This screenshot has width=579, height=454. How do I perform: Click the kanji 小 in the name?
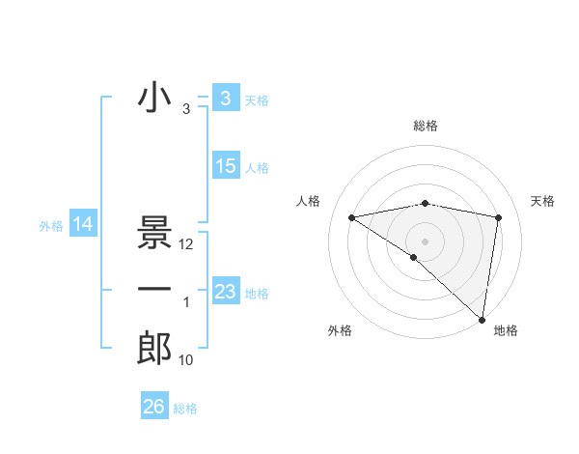point(154,99)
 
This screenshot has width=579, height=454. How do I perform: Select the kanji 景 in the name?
point(154,235)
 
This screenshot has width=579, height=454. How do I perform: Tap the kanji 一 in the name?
point(154,289)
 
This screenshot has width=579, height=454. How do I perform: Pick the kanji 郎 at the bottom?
point(154,349)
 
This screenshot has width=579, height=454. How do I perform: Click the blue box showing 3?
point(225,99)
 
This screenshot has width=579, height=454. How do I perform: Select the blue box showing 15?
point(225,166)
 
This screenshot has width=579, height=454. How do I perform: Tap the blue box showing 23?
point(225,291)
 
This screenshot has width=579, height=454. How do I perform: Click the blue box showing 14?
point(83,225)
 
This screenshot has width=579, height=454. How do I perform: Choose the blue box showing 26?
point(154,407)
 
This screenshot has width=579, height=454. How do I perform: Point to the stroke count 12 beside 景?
point(187,244)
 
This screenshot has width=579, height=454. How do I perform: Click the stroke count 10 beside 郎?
point(186,360)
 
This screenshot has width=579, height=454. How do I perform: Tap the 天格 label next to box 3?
point(257,100)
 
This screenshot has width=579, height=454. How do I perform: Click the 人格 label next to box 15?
point(257,168)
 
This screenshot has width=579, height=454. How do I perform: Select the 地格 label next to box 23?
point(257,293)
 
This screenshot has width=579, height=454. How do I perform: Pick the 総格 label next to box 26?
point(185,409)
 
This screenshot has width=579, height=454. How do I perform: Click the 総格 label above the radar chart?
point(425,126)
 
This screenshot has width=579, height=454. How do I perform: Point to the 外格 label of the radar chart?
point(339,330)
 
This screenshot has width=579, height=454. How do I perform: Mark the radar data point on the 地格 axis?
point(482,319)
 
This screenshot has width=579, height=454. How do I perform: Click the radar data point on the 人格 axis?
point(352,217)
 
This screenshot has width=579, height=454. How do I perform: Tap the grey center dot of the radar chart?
point(425,240)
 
